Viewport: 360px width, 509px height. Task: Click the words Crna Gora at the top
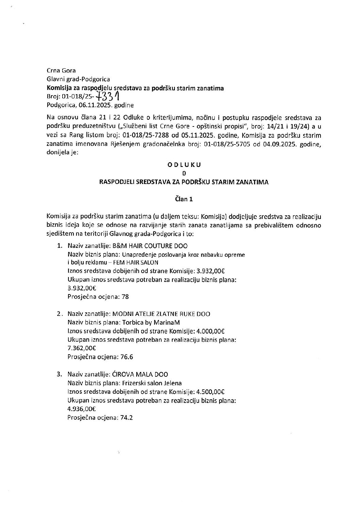[x=61, y=71]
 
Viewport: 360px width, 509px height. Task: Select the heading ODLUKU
[x=184, y=165]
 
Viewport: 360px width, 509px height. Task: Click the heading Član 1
[x=184, y=199]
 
